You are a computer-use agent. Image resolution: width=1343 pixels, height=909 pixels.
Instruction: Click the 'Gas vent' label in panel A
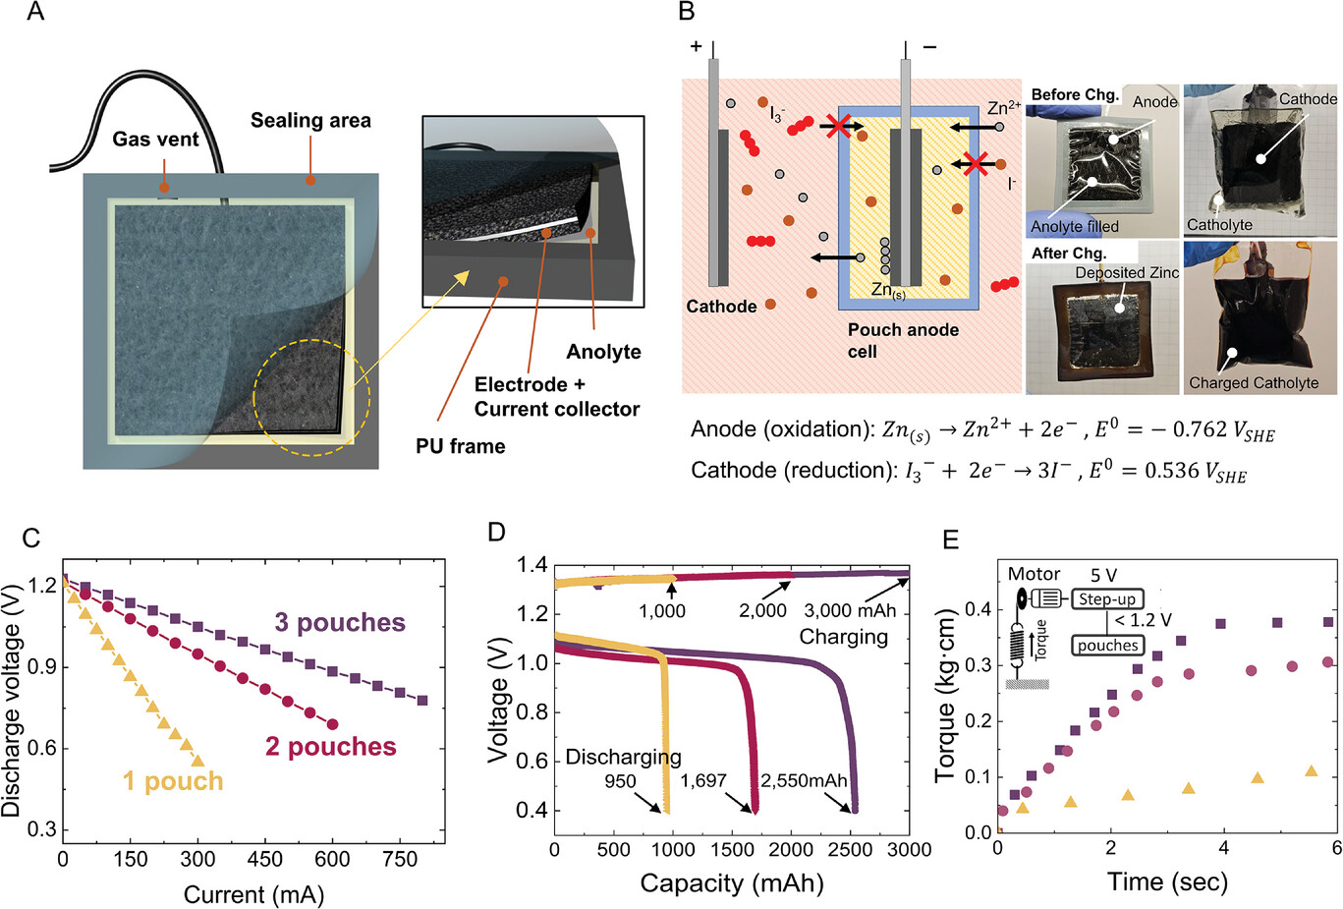coord(155,139)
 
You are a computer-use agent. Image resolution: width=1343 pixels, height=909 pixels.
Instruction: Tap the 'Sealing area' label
coord(310,121)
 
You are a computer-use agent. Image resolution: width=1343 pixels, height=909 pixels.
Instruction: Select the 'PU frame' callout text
coord(460,446)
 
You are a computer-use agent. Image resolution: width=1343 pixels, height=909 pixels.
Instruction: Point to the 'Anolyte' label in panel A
coord(603,352)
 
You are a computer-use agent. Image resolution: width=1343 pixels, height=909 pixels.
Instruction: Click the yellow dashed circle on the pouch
coord(311,397)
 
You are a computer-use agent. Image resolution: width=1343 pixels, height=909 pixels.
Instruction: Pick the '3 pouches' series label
coord(340,622)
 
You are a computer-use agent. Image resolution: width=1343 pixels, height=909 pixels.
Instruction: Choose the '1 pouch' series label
coord(173,781)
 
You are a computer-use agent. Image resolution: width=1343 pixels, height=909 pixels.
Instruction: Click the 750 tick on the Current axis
coord(400,859)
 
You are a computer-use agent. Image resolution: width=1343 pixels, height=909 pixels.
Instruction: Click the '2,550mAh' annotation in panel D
coord(804,781)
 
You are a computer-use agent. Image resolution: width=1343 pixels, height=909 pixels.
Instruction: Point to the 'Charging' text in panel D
coord(843,637)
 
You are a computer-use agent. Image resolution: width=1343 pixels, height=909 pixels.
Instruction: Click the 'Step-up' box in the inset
coord(1107,598)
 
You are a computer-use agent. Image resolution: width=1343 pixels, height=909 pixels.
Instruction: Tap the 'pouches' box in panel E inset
coord(1107,646)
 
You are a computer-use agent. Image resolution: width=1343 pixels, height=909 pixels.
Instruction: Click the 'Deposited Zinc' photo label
coord(1126,272)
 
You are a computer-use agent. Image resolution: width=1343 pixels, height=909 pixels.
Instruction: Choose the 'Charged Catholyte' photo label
coord(1254,382)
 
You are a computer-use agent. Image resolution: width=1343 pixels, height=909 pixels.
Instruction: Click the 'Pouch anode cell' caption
coord(903,340)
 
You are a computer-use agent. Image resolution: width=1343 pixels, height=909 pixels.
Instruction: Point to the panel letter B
coord(687,13)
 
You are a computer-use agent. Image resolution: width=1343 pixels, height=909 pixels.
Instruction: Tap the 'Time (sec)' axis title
coord(1167,881)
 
